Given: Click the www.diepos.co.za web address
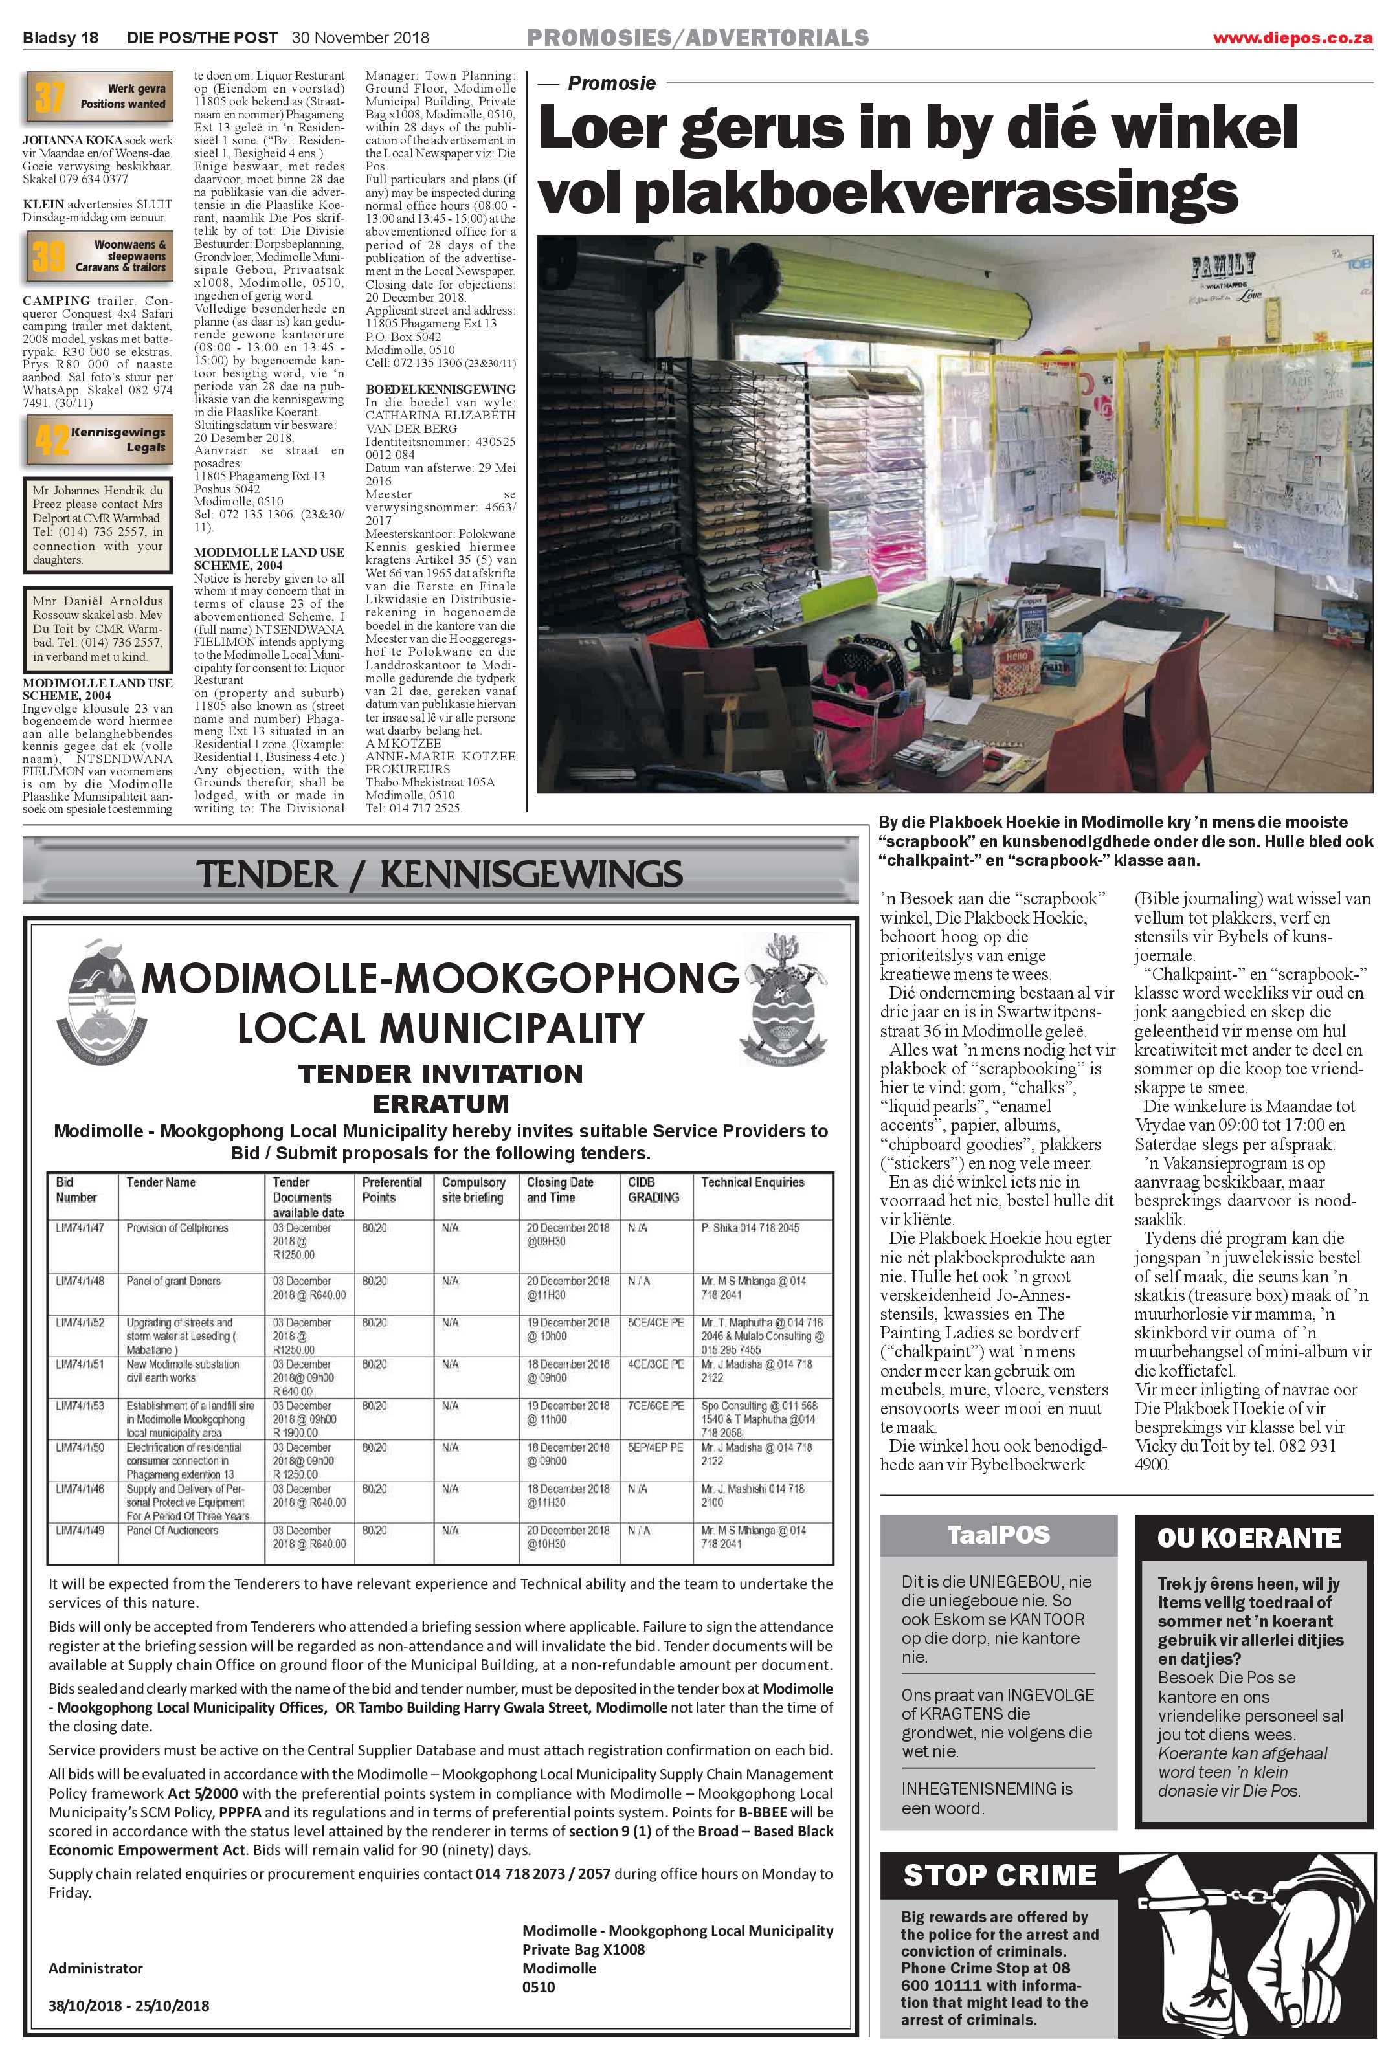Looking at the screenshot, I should click(x=1292, y=38).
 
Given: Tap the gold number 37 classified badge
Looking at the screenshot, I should click(x=50, y=97).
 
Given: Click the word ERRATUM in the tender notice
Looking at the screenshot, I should click(x=440, y=1104).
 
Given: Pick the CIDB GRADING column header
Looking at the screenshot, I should click(x=654, y=1190).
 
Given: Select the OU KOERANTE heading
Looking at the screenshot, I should click(x=1248, y=1537).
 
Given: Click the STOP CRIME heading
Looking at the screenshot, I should click(x=999, y=1875).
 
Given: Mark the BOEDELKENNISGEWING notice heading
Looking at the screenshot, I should click(x=440, y=389).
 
